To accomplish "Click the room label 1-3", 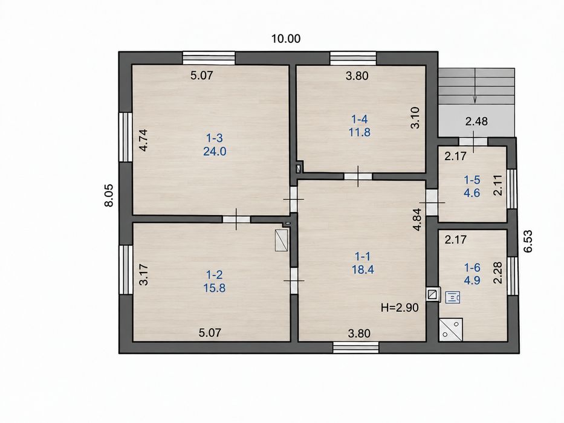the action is (215, 138).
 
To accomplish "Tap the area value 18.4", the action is (363, 270).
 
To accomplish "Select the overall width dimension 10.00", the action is (285, 39).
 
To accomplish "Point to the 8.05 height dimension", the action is (109, 195).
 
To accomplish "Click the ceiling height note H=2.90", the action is (400, 308).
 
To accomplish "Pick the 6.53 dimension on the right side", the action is (528, 241).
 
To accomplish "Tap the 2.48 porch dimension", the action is (476, 121).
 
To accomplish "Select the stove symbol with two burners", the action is (451, 329).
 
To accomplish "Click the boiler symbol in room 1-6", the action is (453, 297).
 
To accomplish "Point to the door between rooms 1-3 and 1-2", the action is (236, 219).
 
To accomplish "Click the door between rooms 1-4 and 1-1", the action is (358, 176).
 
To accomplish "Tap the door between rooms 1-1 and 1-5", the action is (432, 202).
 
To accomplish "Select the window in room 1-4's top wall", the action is (353, 58).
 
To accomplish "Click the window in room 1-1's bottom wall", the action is (355, 347).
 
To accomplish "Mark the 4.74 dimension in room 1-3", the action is (143, 140).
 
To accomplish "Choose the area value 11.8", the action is (359, 132).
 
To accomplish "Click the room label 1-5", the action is (472, 180).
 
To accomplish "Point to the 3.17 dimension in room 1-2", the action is (143, 274).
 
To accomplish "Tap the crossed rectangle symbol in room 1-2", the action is (281, 241).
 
